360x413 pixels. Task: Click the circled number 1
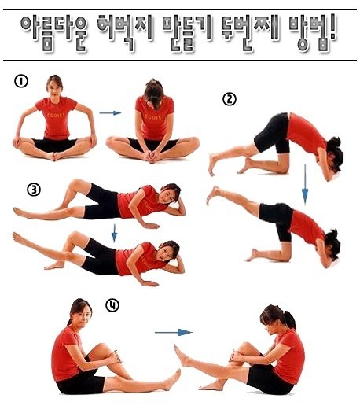pos(21,81)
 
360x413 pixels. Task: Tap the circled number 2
pos(230,99)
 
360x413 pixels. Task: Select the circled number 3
pos(34,190)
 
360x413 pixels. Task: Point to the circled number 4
pos(112,305)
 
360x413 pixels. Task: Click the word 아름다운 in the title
pos(54,33)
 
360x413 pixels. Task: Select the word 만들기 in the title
pos(188,33)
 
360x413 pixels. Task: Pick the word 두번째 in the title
pos(252,33)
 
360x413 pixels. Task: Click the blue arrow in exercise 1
pos(110,113)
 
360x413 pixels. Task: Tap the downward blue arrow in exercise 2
pos(305,184)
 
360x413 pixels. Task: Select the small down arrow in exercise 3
pos(114,233)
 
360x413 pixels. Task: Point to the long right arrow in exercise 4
pos(174,333)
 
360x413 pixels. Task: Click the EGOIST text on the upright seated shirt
pos(57,115)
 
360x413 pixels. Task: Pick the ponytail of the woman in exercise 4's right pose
pos(288,319)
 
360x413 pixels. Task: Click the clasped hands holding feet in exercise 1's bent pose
pos(152,157)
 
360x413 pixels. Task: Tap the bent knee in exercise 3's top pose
pos(76,183)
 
